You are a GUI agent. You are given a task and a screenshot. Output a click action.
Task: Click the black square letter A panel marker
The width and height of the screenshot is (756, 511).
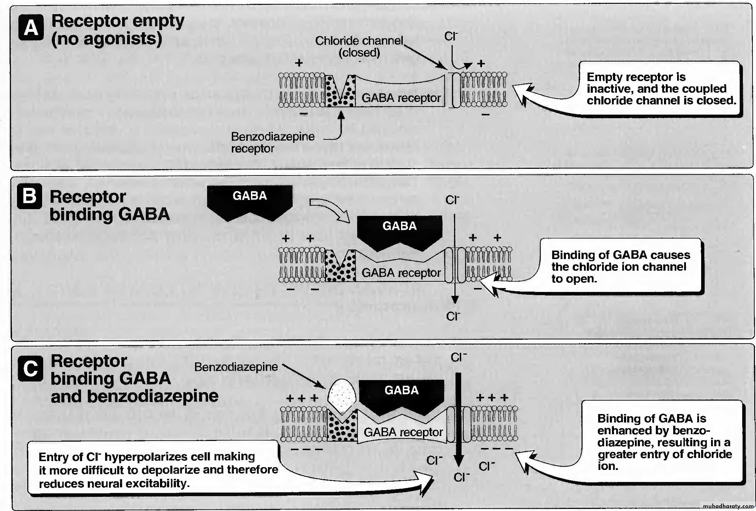(31, 28)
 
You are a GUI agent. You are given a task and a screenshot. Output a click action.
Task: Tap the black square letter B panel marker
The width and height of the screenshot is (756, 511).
(30, 196)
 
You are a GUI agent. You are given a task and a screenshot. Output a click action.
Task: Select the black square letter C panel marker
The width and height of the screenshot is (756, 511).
(30, 369)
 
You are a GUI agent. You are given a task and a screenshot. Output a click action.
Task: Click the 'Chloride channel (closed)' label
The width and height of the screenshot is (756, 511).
(359, 46)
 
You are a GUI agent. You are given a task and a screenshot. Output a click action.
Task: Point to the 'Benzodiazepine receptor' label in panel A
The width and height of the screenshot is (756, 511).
(273, 142)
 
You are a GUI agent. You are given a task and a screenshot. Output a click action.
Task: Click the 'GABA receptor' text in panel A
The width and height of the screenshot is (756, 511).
(401, 98)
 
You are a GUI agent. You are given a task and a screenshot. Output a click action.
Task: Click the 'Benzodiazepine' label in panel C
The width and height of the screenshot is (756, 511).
(236, 367)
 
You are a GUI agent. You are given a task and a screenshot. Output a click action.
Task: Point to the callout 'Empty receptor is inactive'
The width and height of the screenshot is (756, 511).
(660, 88)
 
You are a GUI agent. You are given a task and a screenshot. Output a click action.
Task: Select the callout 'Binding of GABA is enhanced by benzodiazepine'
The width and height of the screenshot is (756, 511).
(663, 442)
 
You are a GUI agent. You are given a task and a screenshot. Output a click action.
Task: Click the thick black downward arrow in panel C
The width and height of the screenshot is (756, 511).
(459, 418)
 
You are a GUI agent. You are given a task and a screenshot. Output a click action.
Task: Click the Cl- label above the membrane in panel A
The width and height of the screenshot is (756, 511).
(451, 36)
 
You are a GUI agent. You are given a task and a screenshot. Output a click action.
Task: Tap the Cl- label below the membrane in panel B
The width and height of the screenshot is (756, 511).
(453, 316)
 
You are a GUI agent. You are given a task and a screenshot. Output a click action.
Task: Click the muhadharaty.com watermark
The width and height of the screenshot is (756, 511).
(728, 506)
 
